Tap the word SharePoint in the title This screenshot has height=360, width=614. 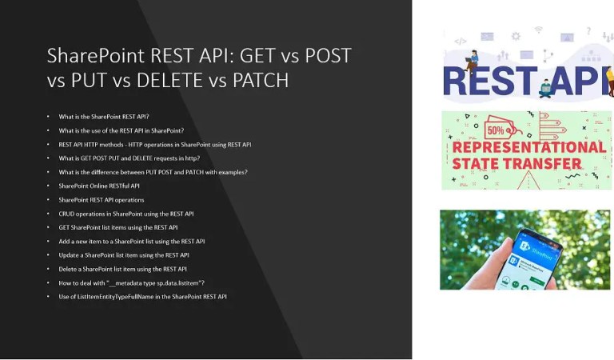point(94,55)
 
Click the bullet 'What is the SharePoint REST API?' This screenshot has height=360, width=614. point(104,117)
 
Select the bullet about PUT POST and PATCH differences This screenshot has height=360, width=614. point(153,172)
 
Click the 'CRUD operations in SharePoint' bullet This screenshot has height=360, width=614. point(126,214)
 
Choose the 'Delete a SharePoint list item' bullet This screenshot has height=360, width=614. point(122,269)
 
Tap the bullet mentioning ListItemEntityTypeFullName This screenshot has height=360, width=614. point(142,297)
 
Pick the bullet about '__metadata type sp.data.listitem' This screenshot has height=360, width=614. point(131,283)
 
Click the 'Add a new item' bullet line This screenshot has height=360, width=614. point(131,241)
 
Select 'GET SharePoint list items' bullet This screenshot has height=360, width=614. point(118,227)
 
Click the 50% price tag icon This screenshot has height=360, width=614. point(492,128)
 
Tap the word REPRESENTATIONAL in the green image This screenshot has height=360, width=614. point(528,148)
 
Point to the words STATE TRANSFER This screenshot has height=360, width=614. point(516,165)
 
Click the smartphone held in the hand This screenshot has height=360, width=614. point(527,255)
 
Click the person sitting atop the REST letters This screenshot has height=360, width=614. point(472,58)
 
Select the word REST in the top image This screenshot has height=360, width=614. point(488,81)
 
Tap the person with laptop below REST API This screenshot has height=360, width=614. point(547,88)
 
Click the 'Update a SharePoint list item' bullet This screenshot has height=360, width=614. point(123,255)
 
